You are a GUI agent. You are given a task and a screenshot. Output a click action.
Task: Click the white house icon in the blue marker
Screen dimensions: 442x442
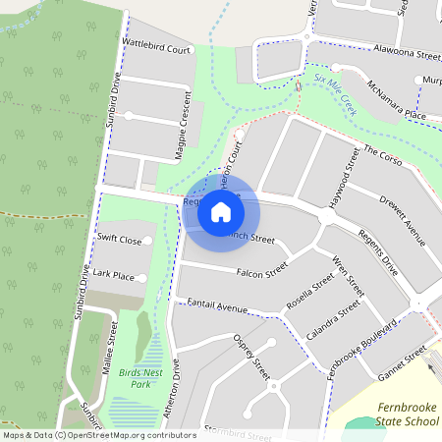pos(221,211)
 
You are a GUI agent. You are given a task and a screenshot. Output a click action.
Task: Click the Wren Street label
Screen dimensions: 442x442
pos(349,277)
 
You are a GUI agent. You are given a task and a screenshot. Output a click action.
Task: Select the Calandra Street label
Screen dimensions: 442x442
pos(333,322)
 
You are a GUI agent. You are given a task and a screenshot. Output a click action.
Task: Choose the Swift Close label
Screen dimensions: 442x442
pos(119,240)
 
